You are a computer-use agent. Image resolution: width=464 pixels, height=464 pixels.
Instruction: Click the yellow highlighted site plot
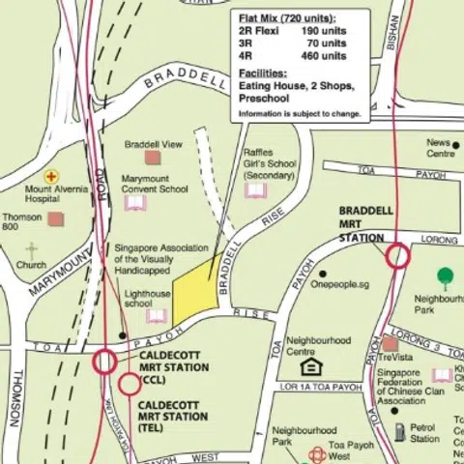point(192,290)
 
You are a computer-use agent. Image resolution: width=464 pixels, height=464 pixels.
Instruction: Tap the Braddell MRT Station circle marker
point(397,256)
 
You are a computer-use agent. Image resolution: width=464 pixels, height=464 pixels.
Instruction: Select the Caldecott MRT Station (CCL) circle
point(104,362)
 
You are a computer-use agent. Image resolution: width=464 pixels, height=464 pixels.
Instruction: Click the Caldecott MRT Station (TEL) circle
point(129,385)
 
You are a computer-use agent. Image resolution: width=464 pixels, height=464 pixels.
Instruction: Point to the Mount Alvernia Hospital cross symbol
point(50,176)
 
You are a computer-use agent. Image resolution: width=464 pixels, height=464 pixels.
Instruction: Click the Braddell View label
point(153,144)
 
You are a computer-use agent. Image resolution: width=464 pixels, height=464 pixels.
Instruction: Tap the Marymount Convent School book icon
point(134,204)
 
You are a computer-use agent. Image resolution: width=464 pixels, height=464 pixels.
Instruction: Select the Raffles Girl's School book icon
point(255,190)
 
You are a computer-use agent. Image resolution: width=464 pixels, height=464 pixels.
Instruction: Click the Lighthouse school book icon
point(157,316)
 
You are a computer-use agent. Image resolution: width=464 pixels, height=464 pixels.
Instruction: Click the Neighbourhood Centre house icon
point(310,366)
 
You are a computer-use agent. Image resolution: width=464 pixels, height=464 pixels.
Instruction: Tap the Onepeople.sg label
point(340,284)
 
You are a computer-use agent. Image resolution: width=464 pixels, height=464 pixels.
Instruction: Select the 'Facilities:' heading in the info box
point(262,73)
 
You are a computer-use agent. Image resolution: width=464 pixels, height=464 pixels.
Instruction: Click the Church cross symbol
point(32,250)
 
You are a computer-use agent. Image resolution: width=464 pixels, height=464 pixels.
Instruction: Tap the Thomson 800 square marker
point(55,218)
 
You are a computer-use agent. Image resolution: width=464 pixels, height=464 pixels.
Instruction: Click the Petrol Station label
point(423,432)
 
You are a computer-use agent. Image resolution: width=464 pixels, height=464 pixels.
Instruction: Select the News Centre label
point(441,148)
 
